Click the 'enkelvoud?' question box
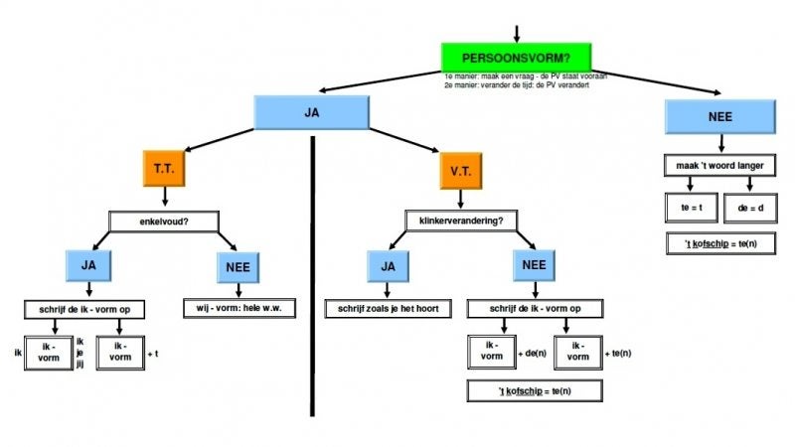[164, 221]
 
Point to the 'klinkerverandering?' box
[460, 220]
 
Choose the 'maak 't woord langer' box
[721, 165]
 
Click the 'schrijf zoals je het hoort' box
[389, 308]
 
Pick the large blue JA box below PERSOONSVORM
[312, 112]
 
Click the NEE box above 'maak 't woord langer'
[720, 117]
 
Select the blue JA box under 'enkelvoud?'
[89, 265]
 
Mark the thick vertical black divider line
[312, 278]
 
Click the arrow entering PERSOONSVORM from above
[516, 32]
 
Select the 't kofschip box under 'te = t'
[720, 243]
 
